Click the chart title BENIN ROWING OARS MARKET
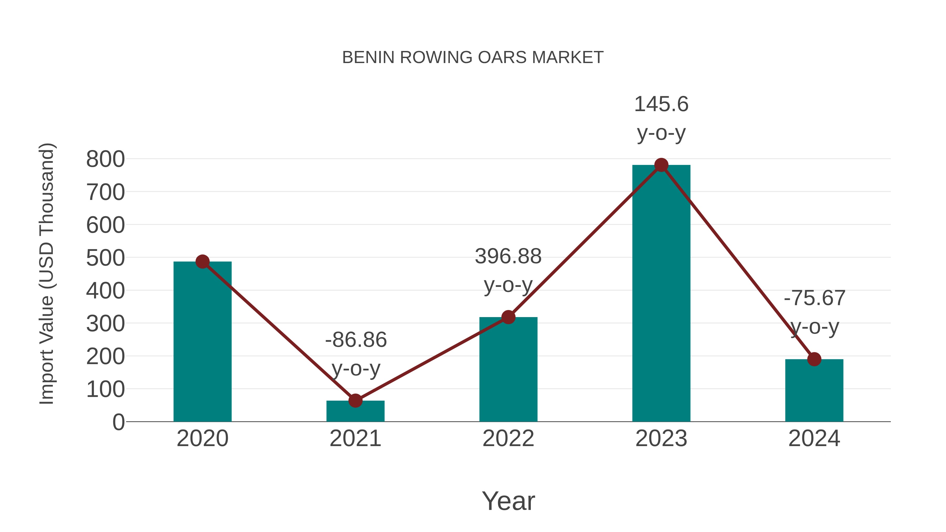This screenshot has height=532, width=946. [x=473, y=58]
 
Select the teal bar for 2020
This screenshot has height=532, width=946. [x=202, y=342]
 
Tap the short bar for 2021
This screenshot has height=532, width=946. [x=355, y=411]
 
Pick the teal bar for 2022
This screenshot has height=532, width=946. [x=508, y=369]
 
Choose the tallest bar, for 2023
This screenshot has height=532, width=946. [x=661, y=294]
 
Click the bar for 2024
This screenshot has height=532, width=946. [x=814, y=390]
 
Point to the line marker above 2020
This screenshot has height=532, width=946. [x=202, y=262]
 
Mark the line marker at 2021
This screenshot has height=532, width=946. [x=355, y=401]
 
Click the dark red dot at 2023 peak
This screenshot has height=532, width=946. [x=661, y=165]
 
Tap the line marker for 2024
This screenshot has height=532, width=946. [x=814, y=359]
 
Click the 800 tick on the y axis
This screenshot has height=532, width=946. [x=105, y=159]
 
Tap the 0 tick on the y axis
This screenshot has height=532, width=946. [x=118, y=422]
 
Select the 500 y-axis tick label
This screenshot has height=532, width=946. [x=105, y=258]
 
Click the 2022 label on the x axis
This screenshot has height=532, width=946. [x=508, y=438]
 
